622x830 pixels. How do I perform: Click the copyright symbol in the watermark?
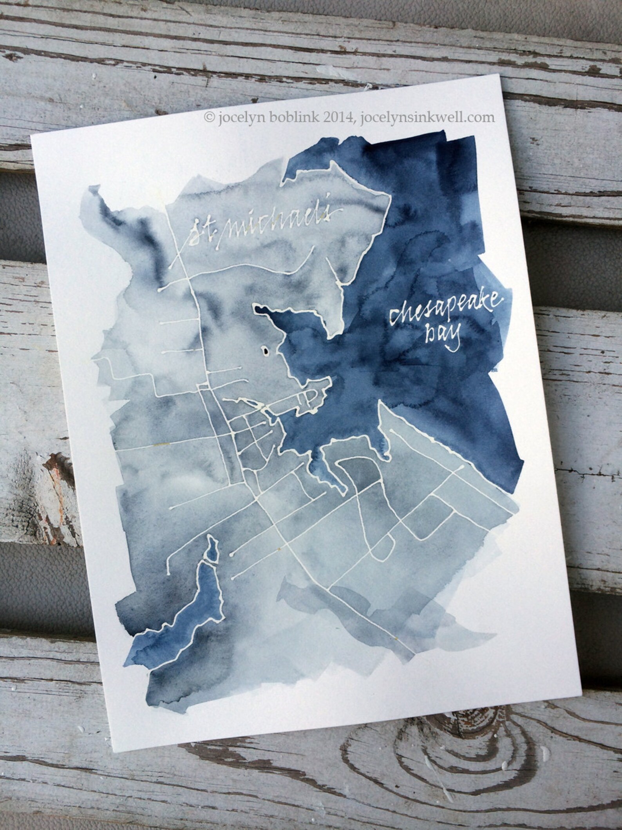pos(207,117)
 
